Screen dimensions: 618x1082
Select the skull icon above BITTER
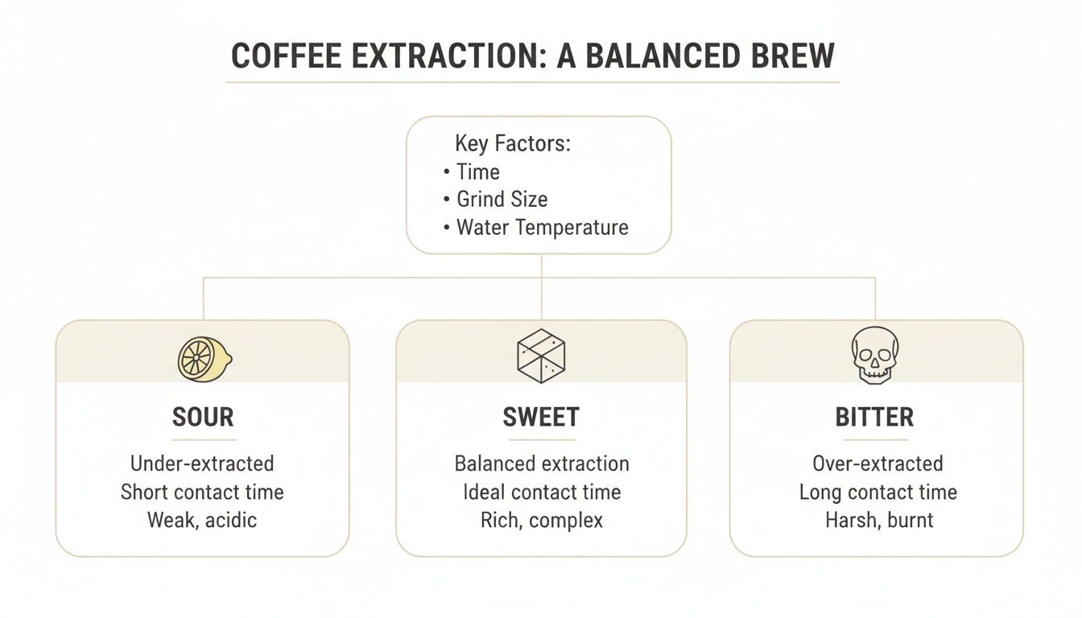pos(875,355)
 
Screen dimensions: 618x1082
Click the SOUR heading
pos(203,417)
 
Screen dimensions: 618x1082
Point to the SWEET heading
pos(541,417)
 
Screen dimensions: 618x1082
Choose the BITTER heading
pos(874,417)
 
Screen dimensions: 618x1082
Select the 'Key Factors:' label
pos(513,144)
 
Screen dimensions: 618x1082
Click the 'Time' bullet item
pos(477,172)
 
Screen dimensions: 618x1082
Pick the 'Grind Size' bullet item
pos(502,200)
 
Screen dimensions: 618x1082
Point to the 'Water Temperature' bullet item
pos(542,227)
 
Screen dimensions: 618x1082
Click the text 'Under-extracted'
pos(202,463)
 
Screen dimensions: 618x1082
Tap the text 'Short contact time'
pos(202,492)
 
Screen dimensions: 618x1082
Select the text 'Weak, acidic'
pos(202,520)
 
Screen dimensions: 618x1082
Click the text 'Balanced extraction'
pos(542,463)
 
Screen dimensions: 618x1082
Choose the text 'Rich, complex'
pos(542,520)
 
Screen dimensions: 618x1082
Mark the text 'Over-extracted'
pos(878,463)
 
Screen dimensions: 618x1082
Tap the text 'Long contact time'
pos(878,492)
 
